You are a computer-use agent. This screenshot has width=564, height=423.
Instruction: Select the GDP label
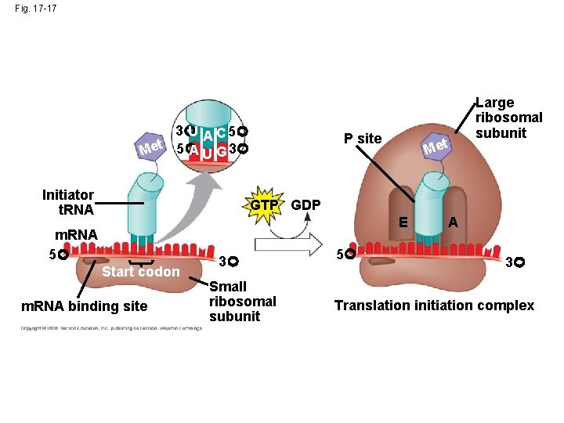click(306, 205)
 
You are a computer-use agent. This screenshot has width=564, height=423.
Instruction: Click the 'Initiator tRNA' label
click(68, 202)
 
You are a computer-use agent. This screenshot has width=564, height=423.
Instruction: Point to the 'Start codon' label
click(141, 272)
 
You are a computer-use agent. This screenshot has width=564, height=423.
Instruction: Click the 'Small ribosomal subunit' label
click(243, 302)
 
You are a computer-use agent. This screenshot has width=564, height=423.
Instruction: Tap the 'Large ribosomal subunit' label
click(509, 117)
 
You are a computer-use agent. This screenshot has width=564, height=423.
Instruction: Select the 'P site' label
click(363, 139)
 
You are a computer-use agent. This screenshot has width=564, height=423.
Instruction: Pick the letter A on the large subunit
click(453, 222)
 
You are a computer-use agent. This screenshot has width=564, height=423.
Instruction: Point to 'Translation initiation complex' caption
click(434, 305)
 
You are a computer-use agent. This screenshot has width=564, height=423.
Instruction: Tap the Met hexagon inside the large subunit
click(436, 146)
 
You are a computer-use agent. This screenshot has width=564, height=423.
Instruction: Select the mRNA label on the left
click(76, 235)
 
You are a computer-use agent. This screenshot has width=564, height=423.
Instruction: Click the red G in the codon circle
click(223, 148)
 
